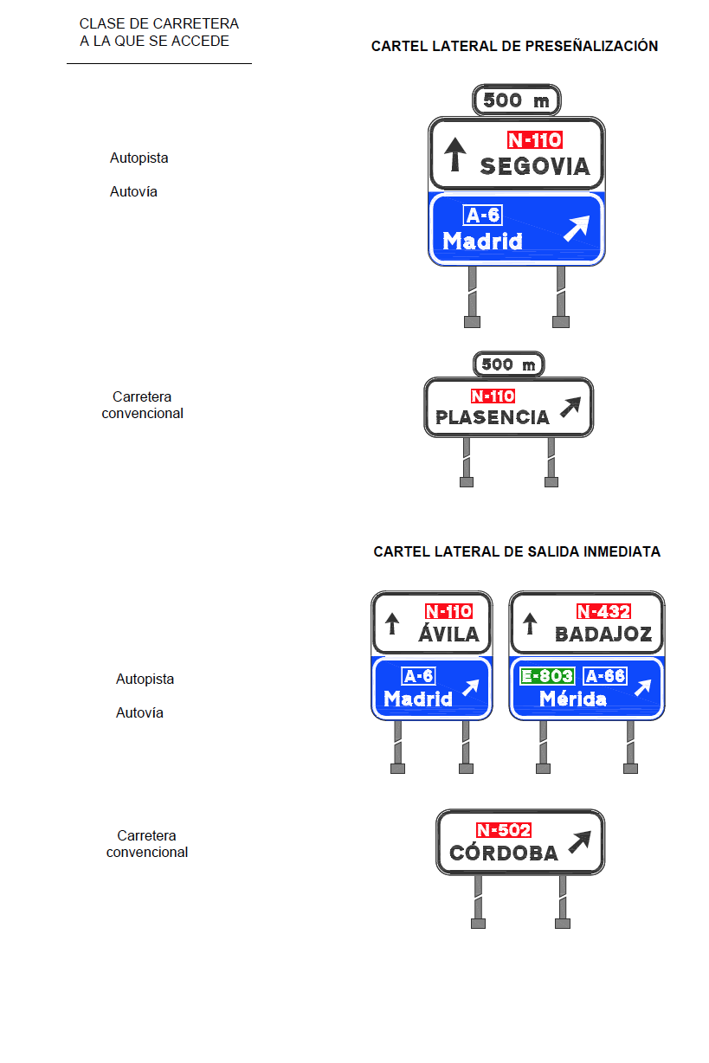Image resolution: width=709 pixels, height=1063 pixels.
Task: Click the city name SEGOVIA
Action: coord(534,166)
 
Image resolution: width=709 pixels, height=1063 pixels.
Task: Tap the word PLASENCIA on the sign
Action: coord(492,417)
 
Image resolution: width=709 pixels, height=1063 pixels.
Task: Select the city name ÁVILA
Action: coord(448,633)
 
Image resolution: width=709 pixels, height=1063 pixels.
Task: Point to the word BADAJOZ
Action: coord(603,634)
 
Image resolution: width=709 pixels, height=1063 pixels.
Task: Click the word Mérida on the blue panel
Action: coord(573,699)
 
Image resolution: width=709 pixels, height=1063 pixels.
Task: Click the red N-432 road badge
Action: coord(603,611)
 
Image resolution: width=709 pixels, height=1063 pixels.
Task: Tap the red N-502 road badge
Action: coord(504,830)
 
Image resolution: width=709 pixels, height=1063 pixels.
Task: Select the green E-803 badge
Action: coord(547,676)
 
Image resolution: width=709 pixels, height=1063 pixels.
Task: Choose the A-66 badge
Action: coord(605,676)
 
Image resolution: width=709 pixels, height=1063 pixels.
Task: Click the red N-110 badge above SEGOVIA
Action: coord(535,140)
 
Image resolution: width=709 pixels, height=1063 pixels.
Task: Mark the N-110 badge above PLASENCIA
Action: coord(493,396)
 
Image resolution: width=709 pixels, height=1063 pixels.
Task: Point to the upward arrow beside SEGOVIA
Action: coord(455,154)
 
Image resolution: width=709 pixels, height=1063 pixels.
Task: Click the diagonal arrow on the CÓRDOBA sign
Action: coord(580,842)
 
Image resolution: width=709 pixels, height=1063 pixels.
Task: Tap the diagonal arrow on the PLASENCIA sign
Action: coord(570,407)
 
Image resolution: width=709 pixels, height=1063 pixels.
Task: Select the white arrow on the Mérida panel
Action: coord(643,687)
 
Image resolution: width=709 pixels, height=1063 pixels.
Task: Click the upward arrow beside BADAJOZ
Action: coord(530,623)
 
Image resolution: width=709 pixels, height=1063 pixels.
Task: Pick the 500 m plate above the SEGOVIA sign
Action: coord(516,100)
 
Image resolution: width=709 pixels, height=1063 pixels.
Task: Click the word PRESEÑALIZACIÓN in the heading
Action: coord(591,46)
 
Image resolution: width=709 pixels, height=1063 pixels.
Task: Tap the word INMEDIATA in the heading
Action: coord(622,551)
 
